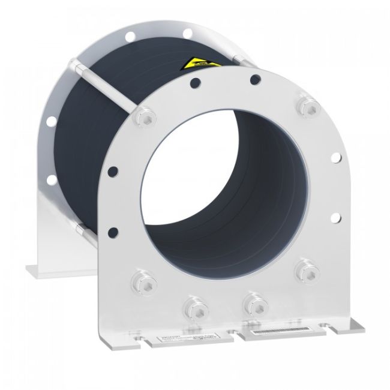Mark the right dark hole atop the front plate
(255, 79)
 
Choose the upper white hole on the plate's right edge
(336, 157)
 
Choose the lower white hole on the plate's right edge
(336, 217)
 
